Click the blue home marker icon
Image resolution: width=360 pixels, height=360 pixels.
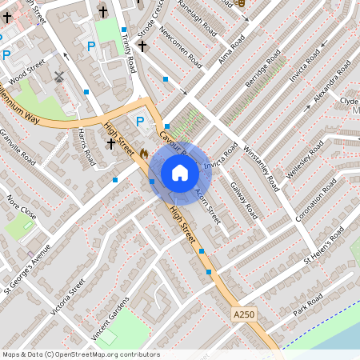click(180, 173)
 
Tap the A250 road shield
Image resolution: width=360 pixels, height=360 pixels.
click(244, 314)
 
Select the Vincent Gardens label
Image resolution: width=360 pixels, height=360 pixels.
click(111, 317)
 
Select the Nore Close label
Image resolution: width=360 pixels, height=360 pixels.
click(22, 207)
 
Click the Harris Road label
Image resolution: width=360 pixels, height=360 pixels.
click(87, 147)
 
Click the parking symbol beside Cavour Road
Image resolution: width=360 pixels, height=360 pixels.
click(141, 122)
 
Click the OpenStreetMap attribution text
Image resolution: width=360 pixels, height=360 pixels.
click(80, 354)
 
